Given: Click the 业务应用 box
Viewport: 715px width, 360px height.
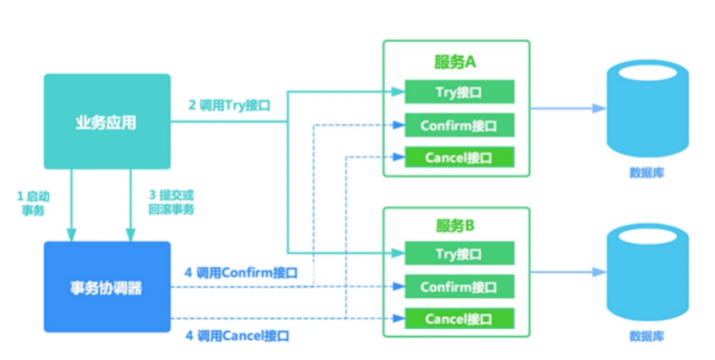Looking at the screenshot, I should tap(107, 121).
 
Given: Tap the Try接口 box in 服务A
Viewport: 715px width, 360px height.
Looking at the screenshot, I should tap(459, 91).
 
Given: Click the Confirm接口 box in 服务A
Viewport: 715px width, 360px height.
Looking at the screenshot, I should tap(459, 125).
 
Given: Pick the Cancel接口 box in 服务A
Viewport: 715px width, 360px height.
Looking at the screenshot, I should tap(459, 158).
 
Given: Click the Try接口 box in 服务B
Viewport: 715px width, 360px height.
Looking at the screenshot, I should tap(459, 253).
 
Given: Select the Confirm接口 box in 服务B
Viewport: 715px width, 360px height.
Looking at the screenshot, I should tap(459, 287).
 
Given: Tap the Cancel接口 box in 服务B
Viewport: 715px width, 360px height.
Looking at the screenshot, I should tap(459, 319).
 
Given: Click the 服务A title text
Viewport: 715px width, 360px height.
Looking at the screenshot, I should tap(456, 63).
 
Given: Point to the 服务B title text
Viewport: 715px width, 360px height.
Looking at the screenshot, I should tap(456, 227).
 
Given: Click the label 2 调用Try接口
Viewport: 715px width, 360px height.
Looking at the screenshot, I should tap(229, 106).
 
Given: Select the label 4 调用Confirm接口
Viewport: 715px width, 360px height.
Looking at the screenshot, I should tap(242, 272).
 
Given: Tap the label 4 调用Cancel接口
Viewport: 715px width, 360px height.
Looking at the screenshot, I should tap(236, 335).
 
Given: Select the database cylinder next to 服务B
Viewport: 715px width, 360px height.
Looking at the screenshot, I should tap(647, 272).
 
